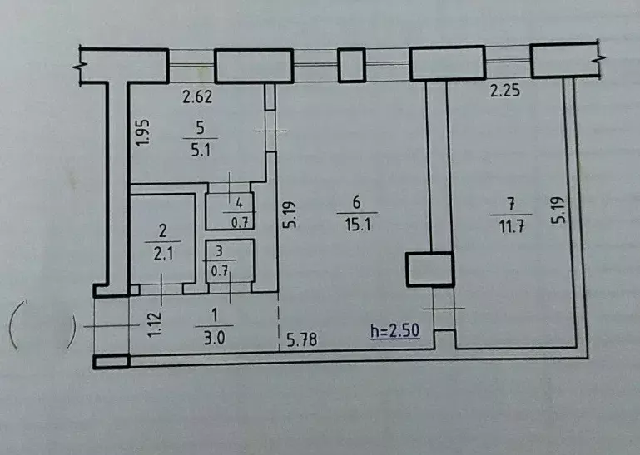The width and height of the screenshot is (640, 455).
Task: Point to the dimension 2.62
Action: click(x=198, y=96)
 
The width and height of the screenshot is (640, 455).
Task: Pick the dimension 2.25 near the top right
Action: click(x=504, y=92)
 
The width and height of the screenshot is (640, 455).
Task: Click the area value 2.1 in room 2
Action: click(x=162, y=255)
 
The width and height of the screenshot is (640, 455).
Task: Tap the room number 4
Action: click(x=241, y=202)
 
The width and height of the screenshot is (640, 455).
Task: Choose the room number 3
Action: click(x=220, y=250)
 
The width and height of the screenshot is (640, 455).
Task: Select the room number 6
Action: click(x=355, y=202)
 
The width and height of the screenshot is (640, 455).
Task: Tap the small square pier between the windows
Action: click(x=351, y=65)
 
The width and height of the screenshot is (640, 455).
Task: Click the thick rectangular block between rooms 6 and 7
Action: click(x=429, y=269)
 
